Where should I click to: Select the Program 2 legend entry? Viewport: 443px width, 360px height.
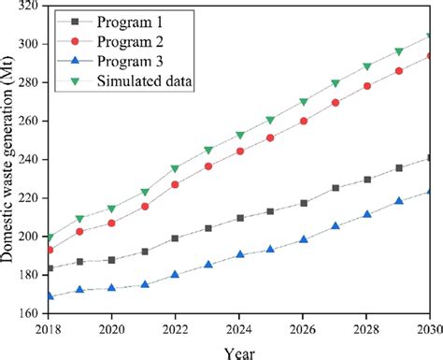point(140,41)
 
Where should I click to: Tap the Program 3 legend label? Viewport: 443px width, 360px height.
point(140,62)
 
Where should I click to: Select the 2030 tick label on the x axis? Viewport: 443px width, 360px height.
point(427,329)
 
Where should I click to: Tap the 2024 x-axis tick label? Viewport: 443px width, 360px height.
point(239,329)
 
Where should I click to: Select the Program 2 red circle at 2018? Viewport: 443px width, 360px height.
point(50,250)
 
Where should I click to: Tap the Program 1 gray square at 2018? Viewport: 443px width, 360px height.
point(50,268)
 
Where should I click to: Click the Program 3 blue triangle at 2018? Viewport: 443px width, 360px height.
point(50,296)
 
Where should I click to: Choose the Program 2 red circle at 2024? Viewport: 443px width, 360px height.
point(239,151)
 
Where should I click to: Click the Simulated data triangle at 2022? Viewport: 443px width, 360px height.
point(176,169)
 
